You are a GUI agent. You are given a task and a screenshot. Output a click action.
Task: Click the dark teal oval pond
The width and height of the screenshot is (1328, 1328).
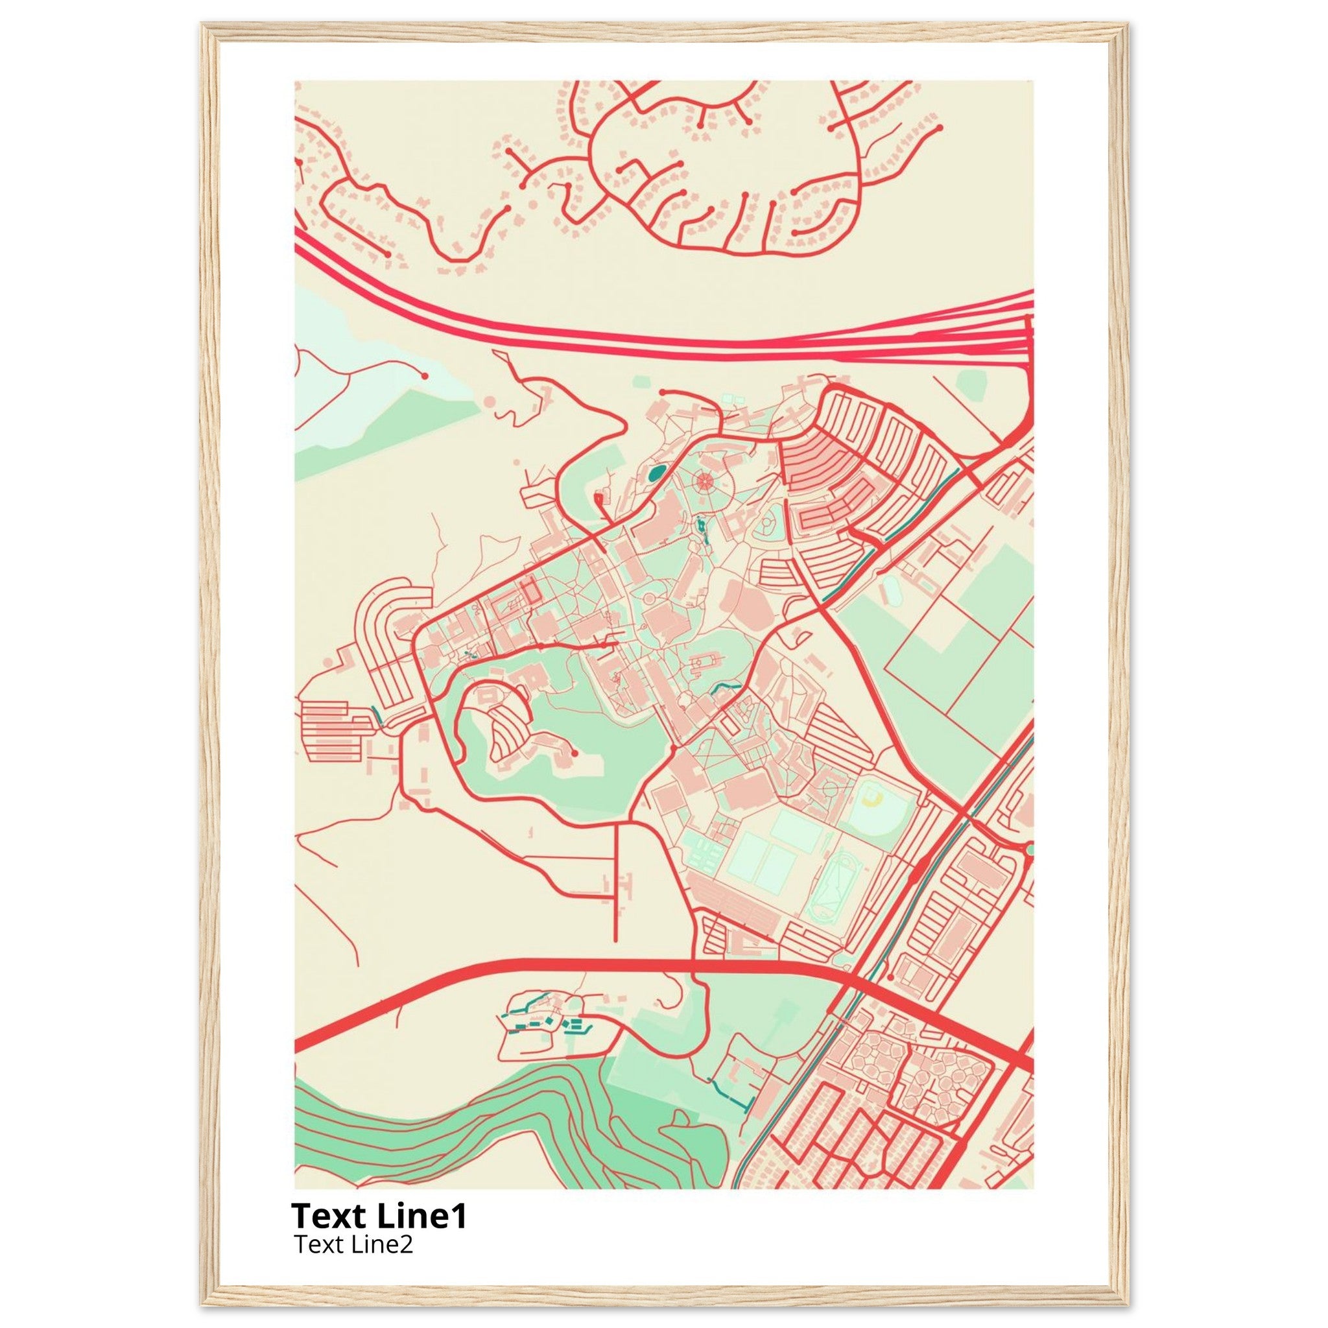click(656, 472)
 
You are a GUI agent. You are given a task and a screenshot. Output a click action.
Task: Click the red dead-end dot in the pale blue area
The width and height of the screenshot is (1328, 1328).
click(425, 376)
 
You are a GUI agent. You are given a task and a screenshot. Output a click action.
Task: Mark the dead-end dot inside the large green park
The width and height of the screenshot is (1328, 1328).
click(575, 753)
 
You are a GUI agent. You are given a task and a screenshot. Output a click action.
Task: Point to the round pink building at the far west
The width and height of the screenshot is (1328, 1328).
click(328, 661)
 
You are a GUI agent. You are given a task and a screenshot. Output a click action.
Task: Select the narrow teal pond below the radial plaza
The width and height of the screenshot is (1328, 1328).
click(700, 528)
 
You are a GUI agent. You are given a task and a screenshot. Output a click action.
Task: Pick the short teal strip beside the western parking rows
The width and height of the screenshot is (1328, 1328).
click(377, 715)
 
